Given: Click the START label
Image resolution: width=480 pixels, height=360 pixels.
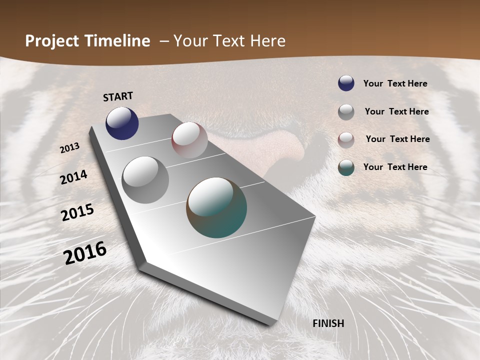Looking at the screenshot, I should pyautogui.click(x=118, y=96).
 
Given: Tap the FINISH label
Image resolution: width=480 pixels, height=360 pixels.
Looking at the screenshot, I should pyautogui.click(x=328, y=323).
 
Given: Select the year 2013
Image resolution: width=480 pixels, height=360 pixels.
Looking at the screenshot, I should pyautogui.click(x=69, y=148).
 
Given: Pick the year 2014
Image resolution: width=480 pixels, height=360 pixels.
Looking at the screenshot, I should pyautogui.click(x=73, y=177).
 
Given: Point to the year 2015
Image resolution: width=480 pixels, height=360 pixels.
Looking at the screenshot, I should pyautogui.click(x=77, y=212).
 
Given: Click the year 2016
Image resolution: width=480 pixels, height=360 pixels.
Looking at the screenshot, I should pyautogui.click(x=85, y=252).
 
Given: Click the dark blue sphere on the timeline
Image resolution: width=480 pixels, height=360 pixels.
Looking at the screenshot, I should pyautogui.click(x=122, y=123).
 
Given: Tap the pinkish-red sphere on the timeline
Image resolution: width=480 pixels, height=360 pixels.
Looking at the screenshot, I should pyautogui.click(x=189, y=140).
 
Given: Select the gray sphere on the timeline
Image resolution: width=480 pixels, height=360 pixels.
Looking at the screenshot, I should pyautogui.click(x=145, y=179).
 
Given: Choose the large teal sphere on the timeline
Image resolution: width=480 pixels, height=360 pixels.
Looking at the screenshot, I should pyautogui.click(x=216, y=207).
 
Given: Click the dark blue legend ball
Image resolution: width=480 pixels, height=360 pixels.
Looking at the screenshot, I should pyautogui.click(x=346, y=83).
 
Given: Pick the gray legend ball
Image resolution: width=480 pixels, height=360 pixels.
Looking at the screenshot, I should pyautogui.click(x=346, y=111).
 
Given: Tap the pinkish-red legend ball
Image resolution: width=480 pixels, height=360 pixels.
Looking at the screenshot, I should pyautogui.click(x=346, y=139).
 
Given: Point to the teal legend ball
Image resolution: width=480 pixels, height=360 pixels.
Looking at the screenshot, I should pyautogui.click(x=346, y=167).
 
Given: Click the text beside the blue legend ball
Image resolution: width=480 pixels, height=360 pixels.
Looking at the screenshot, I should pyautogui.click(x=395, y=83).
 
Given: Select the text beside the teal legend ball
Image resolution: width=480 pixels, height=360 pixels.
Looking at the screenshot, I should pyautogui.click(x=395, y=167).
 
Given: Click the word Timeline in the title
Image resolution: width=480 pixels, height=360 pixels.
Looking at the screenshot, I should pyautogui.click(x=117, y=41).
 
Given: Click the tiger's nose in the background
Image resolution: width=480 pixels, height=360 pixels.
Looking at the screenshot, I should pyautogui.click(x=290, y=150).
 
